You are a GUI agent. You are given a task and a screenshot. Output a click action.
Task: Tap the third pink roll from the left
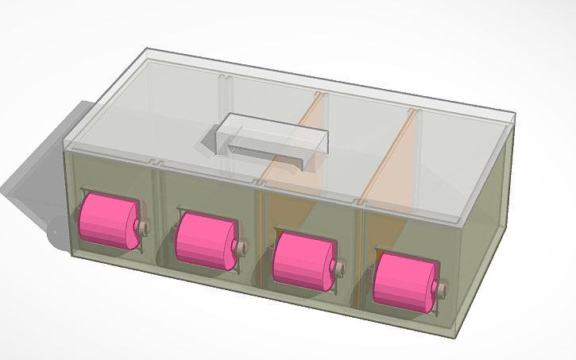tap(302, 258)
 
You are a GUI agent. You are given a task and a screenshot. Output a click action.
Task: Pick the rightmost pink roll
tap(404, 281)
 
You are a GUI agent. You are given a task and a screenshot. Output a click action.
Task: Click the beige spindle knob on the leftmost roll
tap(145, 227)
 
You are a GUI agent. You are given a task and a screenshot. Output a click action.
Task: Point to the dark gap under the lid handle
tap(262, 149)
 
